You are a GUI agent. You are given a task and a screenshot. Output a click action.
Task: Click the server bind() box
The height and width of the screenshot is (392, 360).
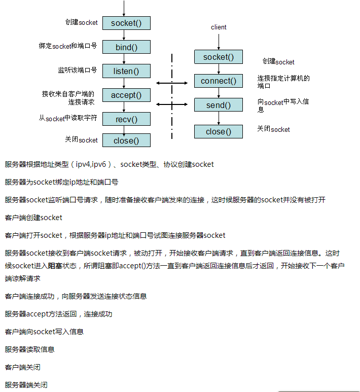coord(126,47)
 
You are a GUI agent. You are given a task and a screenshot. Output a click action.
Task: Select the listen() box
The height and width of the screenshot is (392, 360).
coord(126,71)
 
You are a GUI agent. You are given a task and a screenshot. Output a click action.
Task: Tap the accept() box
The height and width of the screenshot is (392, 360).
coord(126,95)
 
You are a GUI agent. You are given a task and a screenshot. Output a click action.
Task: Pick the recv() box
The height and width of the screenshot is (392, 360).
coord(126,119)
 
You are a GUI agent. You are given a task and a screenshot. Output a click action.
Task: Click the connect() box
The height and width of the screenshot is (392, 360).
coord(219,81)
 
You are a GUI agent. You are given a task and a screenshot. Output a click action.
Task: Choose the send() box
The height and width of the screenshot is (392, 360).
coord(219,105)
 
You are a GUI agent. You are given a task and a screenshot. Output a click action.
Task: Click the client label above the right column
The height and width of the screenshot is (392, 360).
coord(219,27)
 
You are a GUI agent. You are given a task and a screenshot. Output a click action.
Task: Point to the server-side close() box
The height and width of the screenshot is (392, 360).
coord(126,140)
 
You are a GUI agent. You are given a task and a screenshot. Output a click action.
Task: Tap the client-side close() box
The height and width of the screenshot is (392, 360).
coord(219,132)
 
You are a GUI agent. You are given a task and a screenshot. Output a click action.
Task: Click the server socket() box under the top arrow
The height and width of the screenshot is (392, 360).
coord(126,23)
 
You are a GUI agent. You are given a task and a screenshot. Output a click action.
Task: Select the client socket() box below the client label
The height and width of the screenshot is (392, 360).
coord(219,57)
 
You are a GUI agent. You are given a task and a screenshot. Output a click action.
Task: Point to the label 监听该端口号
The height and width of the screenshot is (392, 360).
coord(77,70)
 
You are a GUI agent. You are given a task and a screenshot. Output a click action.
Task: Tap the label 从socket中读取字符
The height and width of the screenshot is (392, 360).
coord(68,119)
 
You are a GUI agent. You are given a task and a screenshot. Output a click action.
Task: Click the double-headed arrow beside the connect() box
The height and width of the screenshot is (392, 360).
coord(172,83)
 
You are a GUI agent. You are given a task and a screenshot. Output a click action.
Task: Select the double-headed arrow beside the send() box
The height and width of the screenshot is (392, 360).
coord(172,104)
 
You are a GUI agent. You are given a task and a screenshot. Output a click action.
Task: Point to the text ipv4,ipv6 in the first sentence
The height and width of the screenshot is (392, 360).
coord(91,164)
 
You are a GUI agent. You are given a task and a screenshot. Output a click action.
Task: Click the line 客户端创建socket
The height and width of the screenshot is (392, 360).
coord(33,218)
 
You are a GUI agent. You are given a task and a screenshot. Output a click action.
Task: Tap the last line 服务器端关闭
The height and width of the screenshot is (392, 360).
coord(26,385)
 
